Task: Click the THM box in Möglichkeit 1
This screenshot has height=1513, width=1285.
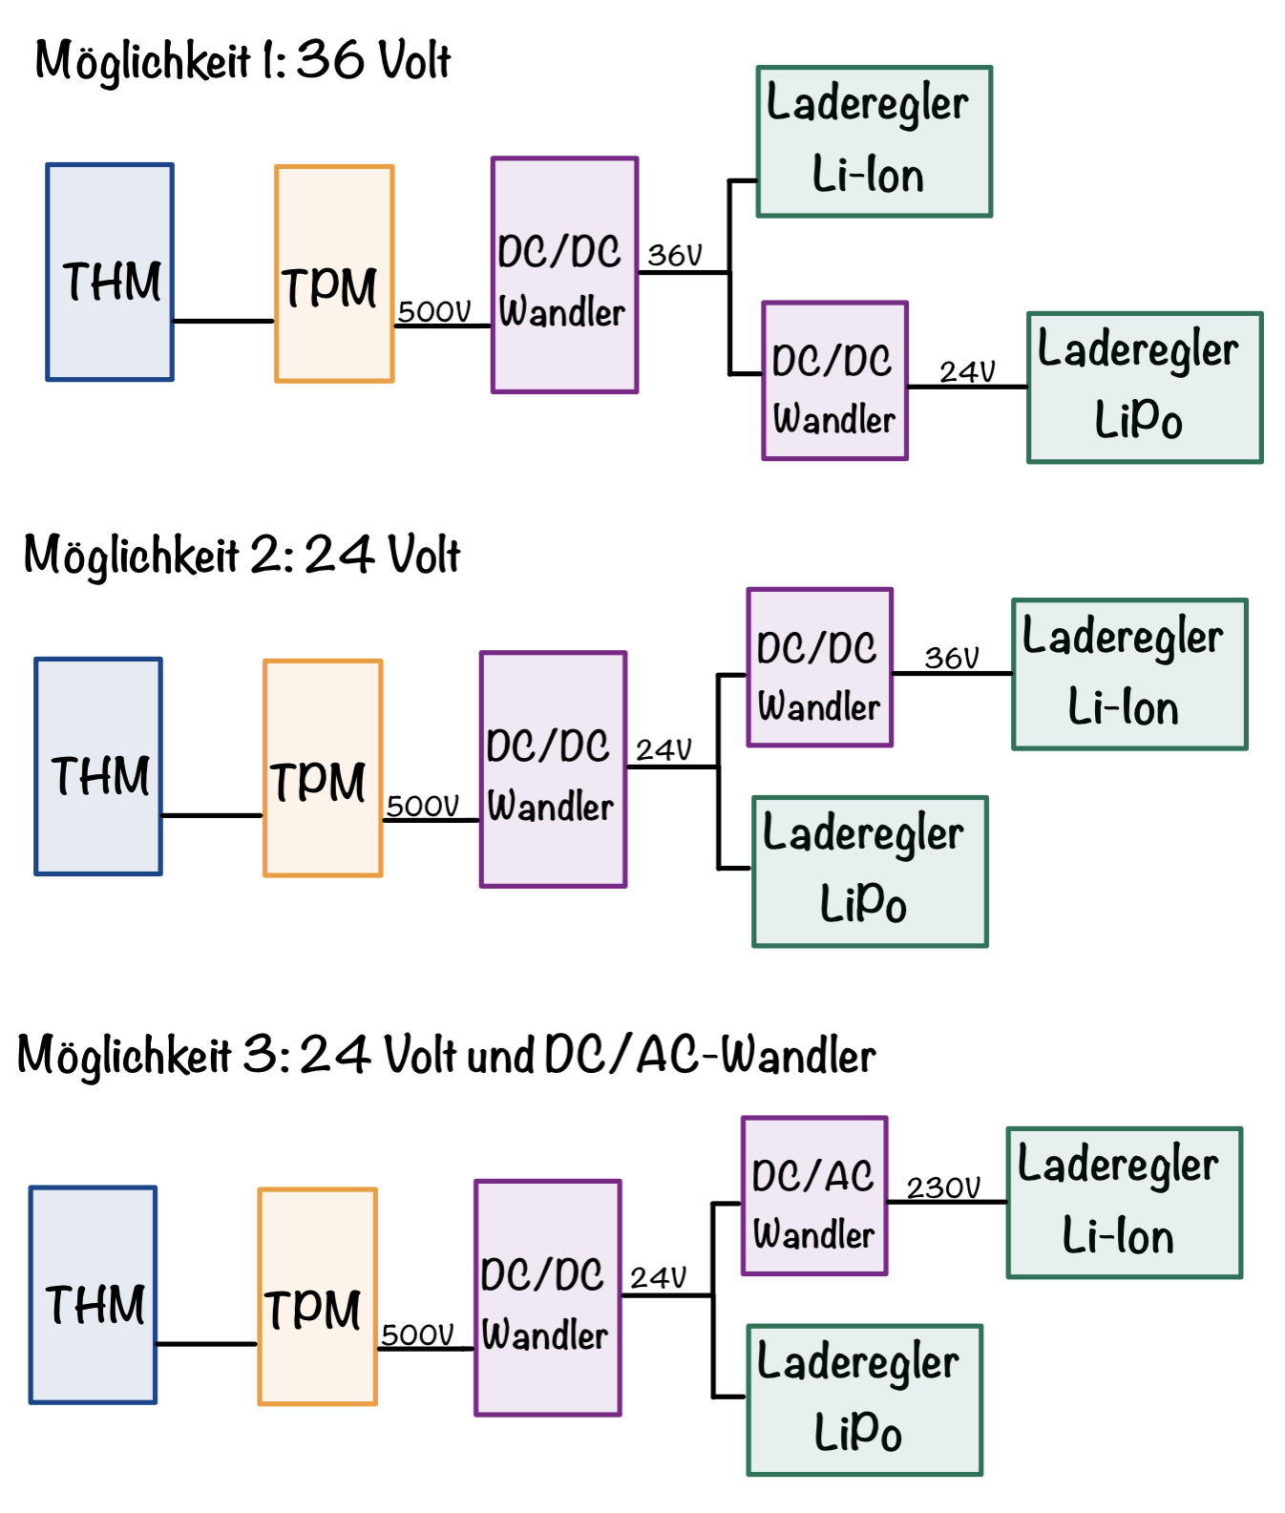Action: click(x=110, y=272)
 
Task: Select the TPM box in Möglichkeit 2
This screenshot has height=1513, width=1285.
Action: click(x=323, y=767)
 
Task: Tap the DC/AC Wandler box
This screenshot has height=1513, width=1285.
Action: click(x=814, y=1196)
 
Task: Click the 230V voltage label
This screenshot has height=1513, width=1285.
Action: click(x=943, y=1187)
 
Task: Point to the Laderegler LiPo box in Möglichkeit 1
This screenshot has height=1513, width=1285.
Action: click(x=1145, y=388)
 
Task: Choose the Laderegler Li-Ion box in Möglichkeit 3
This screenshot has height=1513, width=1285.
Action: click(x=1124, y=1203)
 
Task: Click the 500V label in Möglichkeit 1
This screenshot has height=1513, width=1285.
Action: click(x=434, y=312)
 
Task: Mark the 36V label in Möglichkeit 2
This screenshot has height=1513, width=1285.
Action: click(x=952, y=658)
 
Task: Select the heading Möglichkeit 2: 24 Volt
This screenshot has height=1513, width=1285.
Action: click(x=242, y=556)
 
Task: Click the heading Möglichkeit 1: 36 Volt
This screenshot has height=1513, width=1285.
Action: click(x=242, y=61)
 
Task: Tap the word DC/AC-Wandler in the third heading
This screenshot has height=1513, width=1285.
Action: click(x=709, y=1055)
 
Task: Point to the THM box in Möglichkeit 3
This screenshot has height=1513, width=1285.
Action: click(x=93, y=1294)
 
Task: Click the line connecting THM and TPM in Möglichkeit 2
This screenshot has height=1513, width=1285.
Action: click(x=212, y=815)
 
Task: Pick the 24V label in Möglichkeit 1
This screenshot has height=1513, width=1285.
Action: click(x=967, y=371)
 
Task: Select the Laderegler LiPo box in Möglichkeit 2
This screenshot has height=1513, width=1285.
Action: click(x=870, y=872)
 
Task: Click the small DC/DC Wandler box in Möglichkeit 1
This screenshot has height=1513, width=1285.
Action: click(x=834, y=381)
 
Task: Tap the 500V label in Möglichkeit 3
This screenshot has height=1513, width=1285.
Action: click(x=417, y=1334)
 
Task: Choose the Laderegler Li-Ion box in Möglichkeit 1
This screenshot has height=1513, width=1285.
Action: click(x=874, y=141)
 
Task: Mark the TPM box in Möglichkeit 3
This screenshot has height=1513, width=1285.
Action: click(x=317, y=1296)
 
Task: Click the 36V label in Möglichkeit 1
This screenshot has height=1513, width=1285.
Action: click(x=675, y=255)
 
